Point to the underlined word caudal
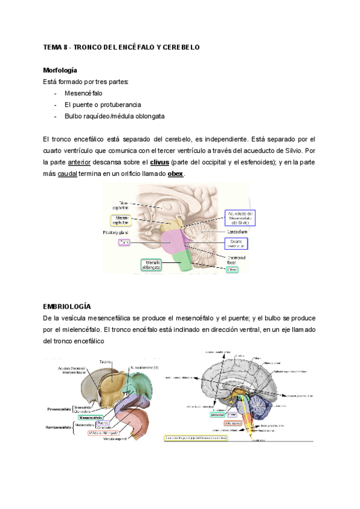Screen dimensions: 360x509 point(67,173)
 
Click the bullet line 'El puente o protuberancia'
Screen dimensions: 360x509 point(98,104)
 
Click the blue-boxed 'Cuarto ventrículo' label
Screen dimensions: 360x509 point(235,243)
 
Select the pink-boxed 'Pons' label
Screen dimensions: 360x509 point(124,242)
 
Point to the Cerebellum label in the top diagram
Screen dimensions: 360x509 point(237,231)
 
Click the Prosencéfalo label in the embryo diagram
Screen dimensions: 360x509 point(61,408)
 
